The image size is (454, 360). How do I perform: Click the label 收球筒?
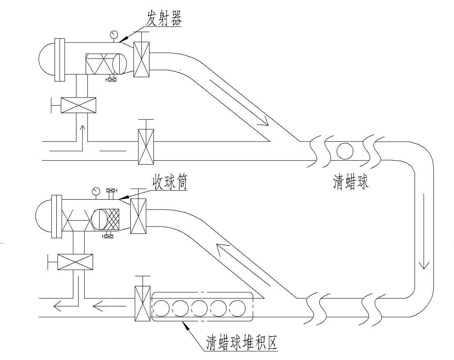[x=171, y=183]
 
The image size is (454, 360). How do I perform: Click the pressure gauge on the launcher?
[x=113, y=34]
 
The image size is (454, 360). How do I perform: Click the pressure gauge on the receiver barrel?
[x=96, y=191]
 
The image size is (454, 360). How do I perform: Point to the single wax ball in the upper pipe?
[x=345, y=151]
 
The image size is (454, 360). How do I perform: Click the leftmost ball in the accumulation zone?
[x=161, y=307]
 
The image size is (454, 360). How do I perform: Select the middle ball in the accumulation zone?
[x=199, y=307]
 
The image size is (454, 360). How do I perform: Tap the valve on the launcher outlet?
[x=143, y=59]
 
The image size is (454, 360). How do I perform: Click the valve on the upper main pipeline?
[x=146, y=147]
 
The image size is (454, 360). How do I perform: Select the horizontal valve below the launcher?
[x=78, y=105]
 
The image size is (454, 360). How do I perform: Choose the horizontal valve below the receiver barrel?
[x=75, y=262]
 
